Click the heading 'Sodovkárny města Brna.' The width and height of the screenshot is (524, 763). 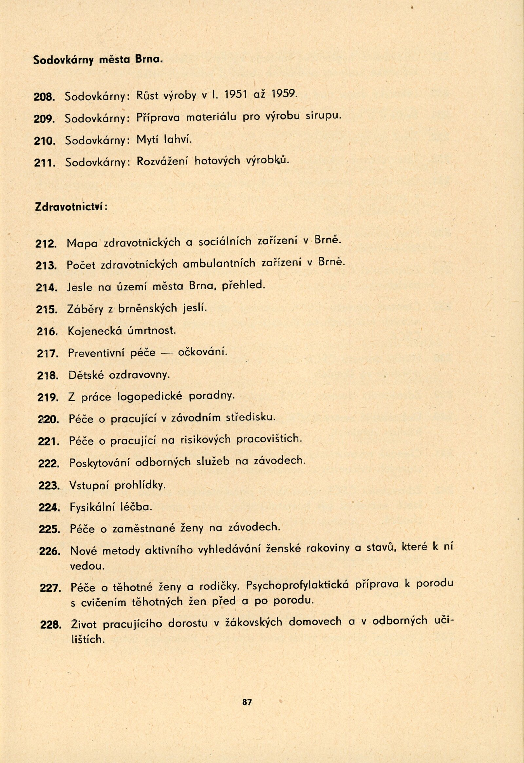(x=98, y=60)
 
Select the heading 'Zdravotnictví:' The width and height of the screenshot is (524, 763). (x=71, y=207)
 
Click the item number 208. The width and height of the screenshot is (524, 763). (x=44, y=97)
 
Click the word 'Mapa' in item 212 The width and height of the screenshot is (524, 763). (x=82, y=244)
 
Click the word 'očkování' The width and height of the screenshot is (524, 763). (x=202, y=353)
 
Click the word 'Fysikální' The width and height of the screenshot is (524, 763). (x=92, y=507)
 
